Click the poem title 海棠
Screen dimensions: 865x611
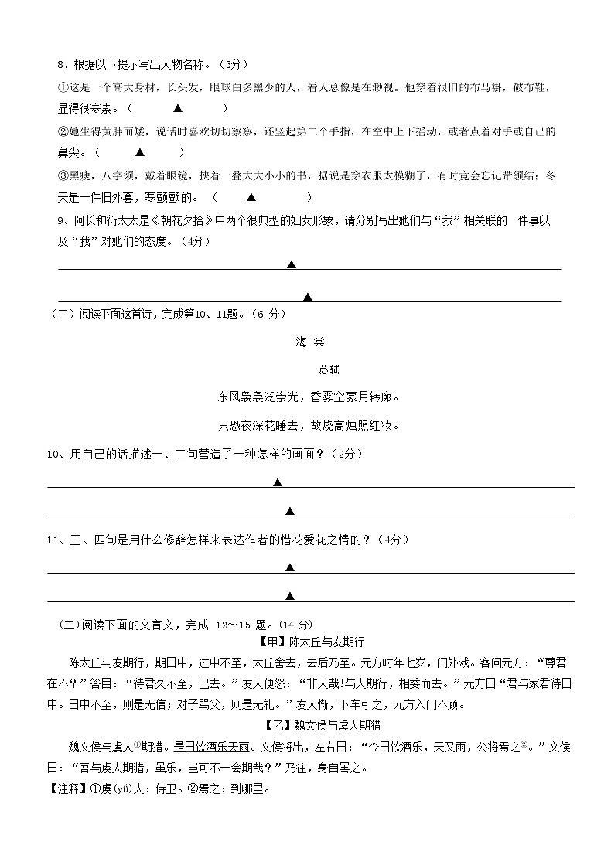309,342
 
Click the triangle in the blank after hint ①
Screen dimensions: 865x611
178,109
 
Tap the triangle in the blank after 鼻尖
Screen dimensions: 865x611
140,153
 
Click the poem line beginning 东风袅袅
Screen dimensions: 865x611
309,397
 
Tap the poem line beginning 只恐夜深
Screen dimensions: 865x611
309,425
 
